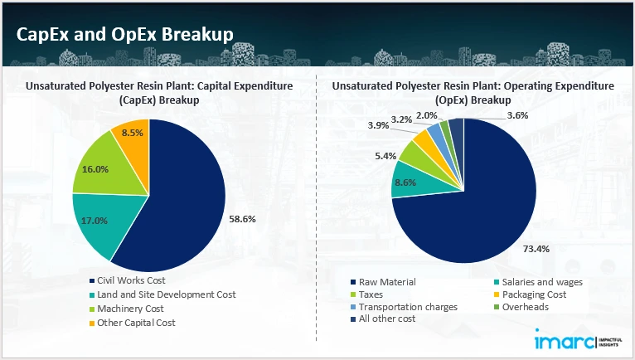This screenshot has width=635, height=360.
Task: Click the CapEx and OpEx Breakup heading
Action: [x=124, y=33]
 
